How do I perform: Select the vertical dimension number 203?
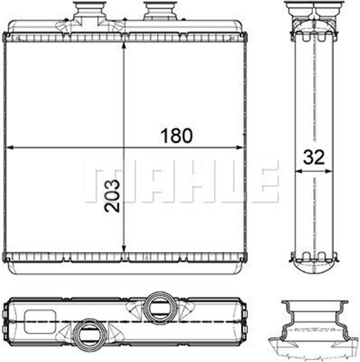112,195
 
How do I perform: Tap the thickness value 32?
314,157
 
